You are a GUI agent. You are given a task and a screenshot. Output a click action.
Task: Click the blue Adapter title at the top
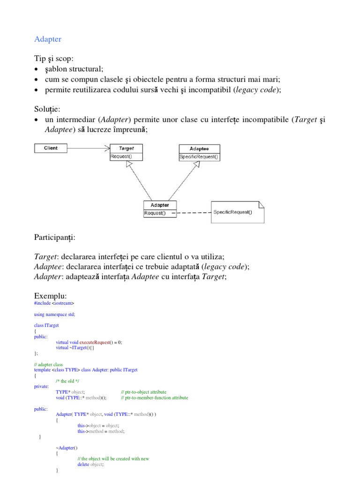click(48, 39)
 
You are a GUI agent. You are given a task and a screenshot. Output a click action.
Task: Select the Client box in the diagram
click(51, 148)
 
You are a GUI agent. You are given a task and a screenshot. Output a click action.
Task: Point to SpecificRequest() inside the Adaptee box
click(199, 157)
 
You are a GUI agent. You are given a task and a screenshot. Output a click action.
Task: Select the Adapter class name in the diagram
click(160, 205)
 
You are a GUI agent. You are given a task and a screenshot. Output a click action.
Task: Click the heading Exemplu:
click(51, 296)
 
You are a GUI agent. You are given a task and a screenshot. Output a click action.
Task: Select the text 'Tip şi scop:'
click(54, 59)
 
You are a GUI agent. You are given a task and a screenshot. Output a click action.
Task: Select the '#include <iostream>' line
click(54, 303)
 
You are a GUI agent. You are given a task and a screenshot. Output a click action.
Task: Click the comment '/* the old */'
click(67, 381)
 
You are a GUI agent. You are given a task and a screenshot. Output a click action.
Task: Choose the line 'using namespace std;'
click(54, 315)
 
